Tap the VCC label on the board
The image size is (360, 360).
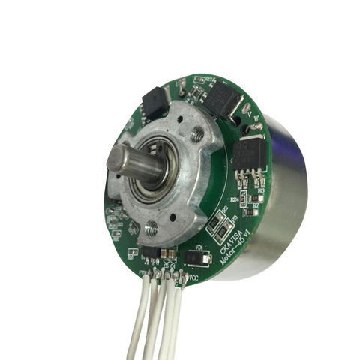click(x=192, y=278)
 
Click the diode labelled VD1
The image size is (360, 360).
click(x=198, y=259)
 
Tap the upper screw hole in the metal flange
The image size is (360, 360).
click(x=197, y=135)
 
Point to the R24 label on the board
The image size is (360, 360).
click(x=233, y=199)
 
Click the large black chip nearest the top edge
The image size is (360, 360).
click(x=220, y=97)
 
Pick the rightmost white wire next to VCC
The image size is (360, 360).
click(x=179, y=315)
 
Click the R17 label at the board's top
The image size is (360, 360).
click(x=198, y=80)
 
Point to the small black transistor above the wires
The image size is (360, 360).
click(x=150, y=253)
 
